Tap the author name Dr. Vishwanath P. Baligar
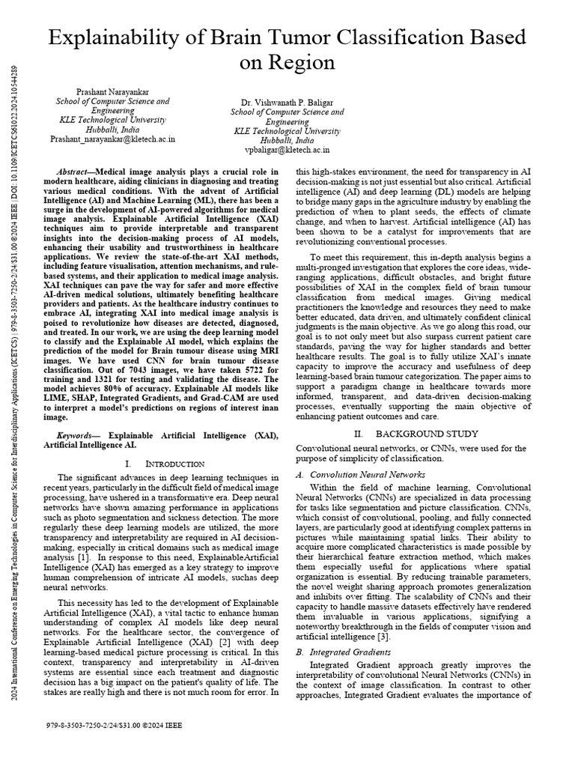tap(287, 102)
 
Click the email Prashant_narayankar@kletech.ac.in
tap(113, 139)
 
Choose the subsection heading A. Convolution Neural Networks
tap(361, 474)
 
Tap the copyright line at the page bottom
tap(114, 726)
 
